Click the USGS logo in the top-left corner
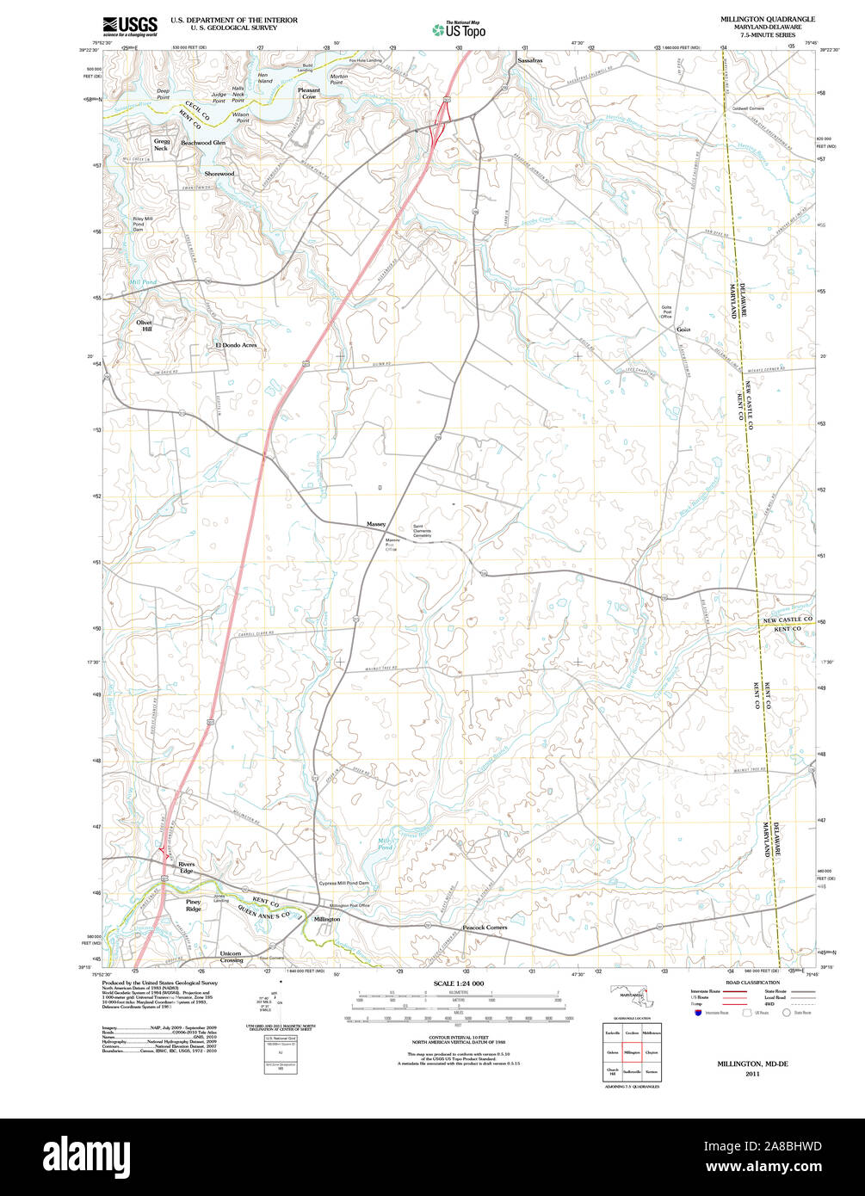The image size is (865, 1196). click(130, 26)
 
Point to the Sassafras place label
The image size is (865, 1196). click(531, 61)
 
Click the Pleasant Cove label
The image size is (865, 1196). click(308, 93)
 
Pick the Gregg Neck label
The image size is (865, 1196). click(161, 145)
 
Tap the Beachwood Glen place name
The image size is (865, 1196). click(203, 143)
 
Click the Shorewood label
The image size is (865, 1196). click(219, 174)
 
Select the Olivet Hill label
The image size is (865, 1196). click(144, 325)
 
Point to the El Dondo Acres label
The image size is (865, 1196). click(236, 345)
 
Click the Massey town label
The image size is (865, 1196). click(376, 524)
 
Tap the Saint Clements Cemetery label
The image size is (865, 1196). click(427, 531)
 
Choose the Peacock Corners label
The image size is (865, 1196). click(485, 928)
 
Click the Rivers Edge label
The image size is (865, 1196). click(187, 867)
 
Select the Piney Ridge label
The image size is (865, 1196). click(194, 905)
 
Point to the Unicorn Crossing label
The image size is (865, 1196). click(231, 957)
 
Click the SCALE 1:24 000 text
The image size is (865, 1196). click(459, 983)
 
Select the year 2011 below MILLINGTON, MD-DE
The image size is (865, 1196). click(753, 1074)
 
